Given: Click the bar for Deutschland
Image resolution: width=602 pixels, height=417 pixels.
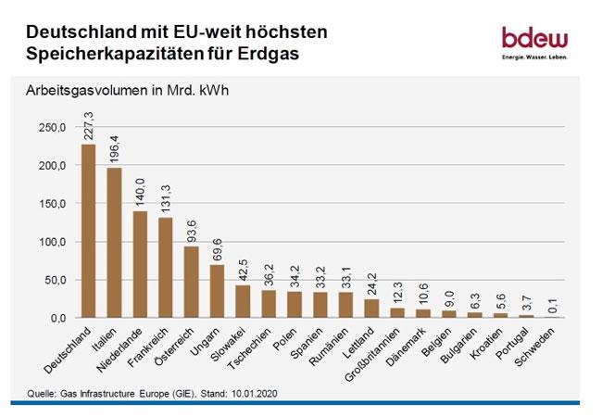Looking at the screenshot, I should (88, 231).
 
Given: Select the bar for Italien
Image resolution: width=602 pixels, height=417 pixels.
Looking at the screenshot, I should (114, 243).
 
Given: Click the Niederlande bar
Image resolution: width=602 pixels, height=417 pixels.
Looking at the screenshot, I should (139, 264).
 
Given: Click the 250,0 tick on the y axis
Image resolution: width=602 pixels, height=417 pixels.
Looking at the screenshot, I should (52, 128).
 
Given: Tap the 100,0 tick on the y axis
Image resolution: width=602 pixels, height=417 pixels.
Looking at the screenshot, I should (52, 242).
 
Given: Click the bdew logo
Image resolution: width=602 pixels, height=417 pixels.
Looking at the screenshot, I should (534, 43).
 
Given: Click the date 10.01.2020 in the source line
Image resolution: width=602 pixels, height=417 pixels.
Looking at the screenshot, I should (259, 390).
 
